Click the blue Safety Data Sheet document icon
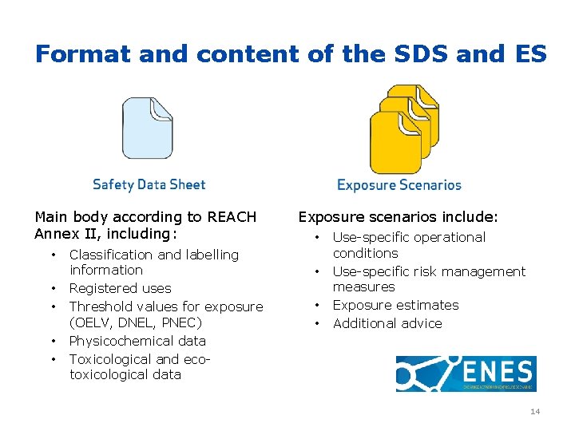point(147,129)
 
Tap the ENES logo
point(466,374)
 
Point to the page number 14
point(534,411)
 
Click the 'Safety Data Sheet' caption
point(149,184)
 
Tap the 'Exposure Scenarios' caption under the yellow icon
point(399,185)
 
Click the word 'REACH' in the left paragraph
point(232,217)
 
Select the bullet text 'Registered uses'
point(120,288)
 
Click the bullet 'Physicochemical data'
point(137,341)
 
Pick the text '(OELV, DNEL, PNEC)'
point(136,322)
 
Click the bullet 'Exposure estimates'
point(395,305)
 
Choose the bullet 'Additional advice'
point(387,323)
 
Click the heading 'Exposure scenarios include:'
point(398,217)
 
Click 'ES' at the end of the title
point(526,54)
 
